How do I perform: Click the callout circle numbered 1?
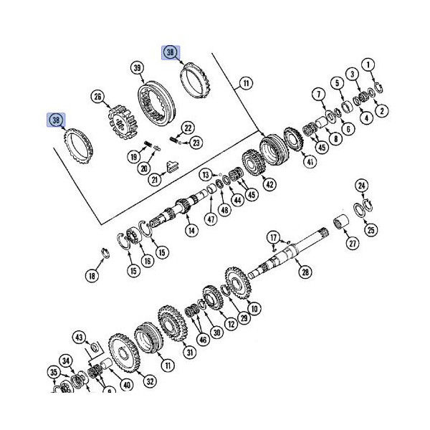(x=369, y=66)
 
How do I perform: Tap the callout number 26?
(x=98, y=95)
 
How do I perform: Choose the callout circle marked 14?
(x=191, y=231)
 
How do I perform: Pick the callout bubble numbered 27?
(x=352, y=244)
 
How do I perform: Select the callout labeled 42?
(x=269, y=184)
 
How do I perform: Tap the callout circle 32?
(x=149, y=382)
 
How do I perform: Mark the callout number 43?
(x=80, y=337)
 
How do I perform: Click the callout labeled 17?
(x=273, y=237)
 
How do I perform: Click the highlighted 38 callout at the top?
(x=171, y=52)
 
